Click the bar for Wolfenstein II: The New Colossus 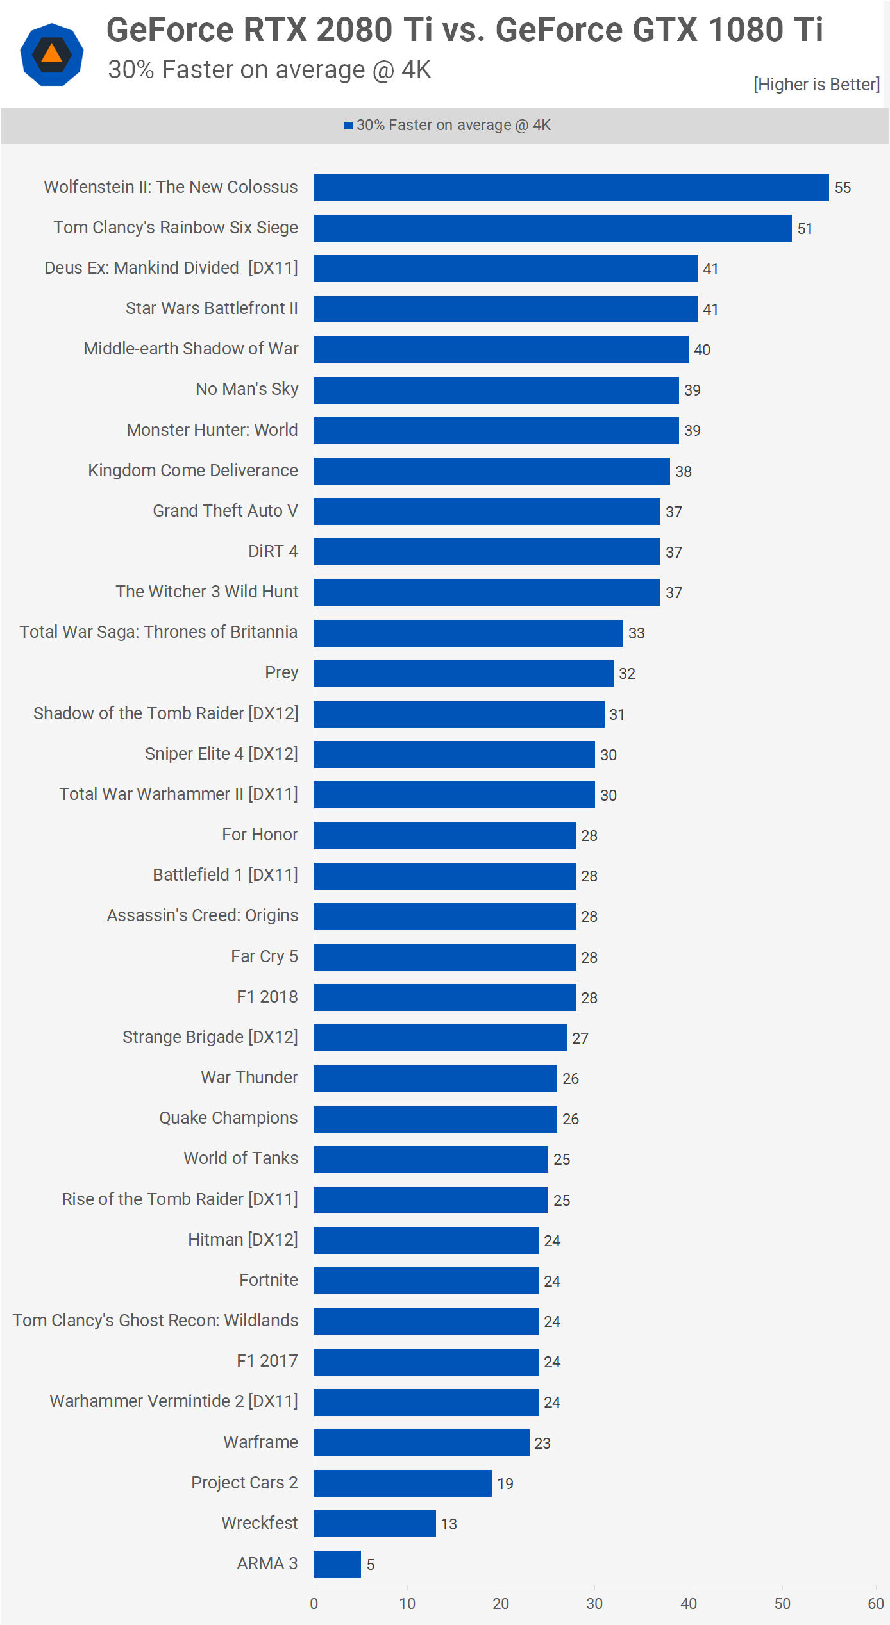click(x=571, y=188)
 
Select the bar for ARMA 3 click(x=337, y=1564)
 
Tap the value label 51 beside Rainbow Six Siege click(x=805, y=229)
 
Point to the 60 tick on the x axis click(x=876, y=1604)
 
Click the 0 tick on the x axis click(x=314, y=1604)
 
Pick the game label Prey click(x=281, y=672)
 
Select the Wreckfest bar click(x=374, y=1524)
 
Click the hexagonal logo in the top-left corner click(x=52, y=54)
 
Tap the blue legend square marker click(x=348, y=126)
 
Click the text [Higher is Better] click(x=816, y=85)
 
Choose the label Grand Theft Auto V click(x=225, y=511)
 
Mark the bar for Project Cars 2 click(x=403, y=1483)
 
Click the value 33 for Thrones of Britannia click(x=636, y=633)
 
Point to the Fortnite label click(x=269, y=1280)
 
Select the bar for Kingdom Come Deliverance click(x=492, y=471)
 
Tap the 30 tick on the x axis click(x=594, y=1604)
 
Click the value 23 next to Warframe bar click(x=542, y=1443)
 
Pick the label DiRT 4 click(x=273, y=551)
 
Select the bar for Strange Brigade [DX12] click(x=440, y=1038)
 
